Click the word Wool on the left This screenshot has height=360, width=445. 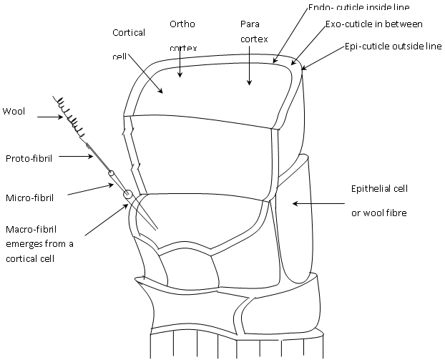(14, 111)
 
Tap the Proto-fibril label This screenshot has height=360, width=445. (27, 158)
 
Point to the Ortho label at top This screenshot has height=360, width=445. (181, 24)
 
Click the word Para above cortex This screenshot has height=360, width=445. (248, 24)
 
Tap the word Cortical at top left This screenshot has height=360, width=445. (129, 32)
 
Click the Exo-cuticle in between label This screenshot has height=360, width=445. (374, 24)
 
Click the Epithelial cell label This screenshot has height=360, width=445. (378, 189)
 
